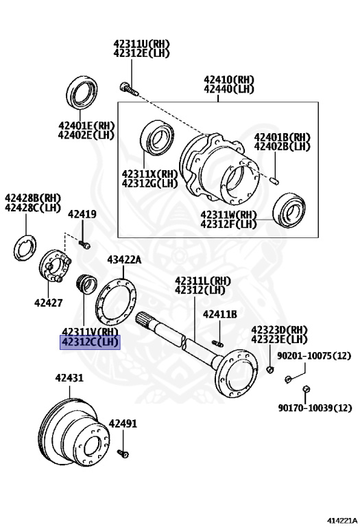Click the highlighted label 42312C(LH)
90,342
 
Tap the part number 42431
69,378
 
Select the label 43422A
124,259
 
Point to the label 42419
82,214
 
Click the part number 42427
49,303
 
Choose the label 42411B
220,314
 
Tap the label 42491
123,423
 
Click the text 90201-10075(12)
314,355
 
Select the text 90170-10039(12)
315,408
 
